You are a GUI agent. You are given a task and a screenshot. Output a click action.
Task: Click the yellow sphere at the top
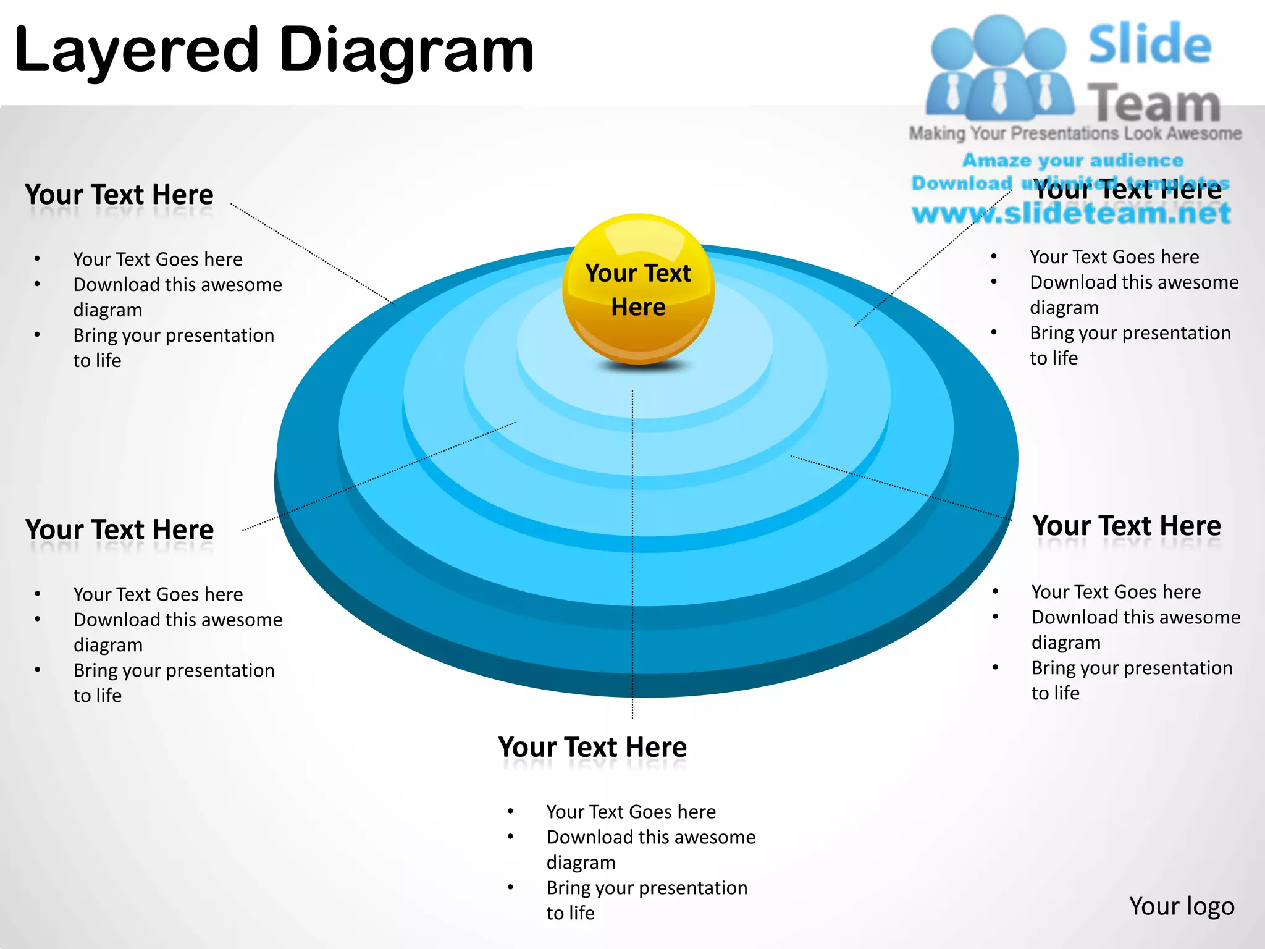point(638,289)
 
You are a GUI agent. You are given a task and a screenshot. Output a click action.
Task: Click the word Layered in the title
point(136,51)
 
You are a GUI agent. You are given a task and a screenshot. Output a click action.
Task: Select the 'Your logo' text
point(1181,906)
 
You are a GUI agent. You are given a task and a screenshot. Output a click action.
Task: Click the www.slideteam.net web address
point(1071,214)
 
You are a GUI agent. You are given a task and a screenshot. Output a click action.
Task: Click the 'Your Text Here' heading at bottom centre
point(592,747)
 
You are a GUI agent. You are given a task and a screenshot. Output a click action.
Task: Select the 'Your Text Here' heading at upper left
point(119,195)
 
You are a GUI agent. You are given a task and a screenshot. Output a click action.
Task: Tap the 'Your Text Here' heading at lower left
point(119,529)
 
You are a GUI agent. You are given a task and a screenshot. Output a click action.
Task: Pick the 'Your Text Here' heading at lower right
point(1127,526)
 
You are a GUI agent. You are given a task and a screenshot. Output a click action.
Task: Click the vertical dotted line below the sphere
point(632,556)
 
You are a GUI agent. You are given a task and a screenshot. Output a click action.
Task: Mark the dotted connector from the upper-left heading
point(313,254)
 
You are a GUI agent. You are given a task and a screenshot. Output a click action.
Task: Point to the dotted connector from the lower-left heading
point(379,476)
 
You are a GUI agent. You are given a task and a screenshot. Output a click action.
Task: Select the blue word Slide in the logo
point(1149,44)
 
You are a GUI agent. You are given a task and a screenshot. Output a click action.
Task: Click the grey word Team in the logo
point(1153,104)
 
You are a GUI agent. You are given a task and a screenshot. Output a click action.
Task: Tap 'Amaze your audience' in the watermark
point(1073,161)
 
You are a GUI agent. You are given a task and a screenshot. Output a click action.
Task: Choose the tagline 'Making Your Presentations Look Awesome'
point(1075,133)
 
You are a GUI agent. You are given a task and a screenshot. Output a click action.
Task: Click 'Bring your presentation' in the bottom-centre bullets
point(647,888)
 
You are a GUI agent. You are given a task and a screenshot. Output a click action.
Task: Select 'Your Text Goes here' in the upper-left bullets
point(158,259)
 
